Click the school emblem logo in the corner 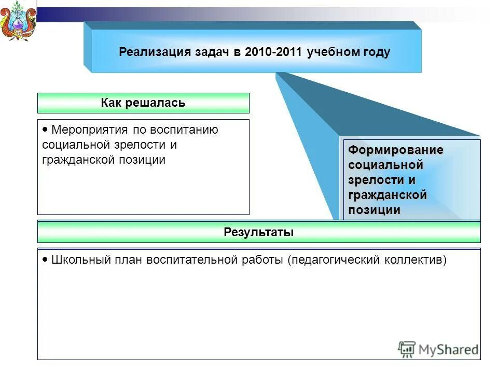(18, 21)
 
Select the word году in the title (376, 52)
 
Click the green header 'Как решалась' (143, 103)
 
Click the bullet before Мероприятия (45, 129)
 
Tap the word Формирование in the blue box (396, 150)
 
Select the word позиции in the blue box (375, 210)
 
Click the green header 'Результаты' (259, 232)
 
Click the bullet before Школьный (45, 259)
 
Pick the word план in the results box (130, 260)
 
